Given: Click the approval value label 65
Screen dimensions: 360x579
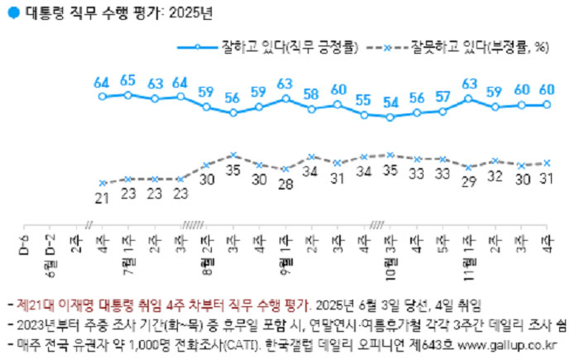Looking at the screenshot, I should coord(127,80).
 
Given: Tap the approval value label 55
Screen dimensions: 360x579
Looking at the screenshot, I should coord(363,99).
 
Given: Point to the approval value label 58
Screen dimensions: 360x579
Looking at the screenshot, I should coord(311,94).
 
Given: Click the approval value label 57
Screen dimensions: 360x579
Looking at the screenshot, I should coord(443,95).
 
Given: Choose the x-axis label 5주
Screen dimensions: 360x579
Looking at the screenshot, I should coord(443,242).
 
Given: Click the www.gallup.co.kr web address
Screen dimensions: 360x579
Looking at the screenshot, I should coord(510,341).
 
